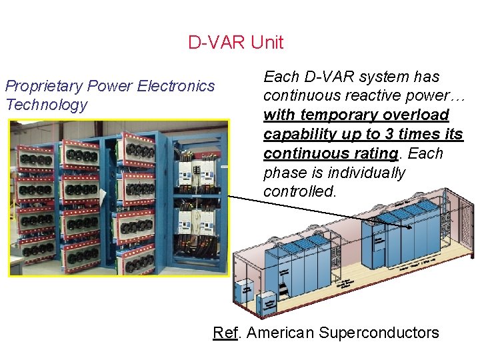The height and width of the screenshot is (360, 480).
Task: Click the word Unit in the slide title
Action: click(x=267, y=43)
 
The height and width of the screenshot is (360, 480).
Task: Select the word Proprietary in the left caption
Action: click(x=44, y=86)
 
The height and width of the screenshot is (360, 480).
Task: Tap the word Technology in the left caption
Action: click(x=46, y=105)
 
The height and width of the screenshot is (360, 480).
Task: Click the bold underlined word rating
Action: click(x=375, y=153)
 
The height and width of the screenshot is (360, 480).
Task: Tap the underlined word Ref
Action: click(x=224, y=332)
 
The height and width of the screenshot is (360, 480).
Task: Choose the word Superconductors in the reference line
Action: click(x=380, y=332)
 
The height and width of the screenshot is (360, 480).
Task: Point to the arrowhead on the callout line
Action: click(x=409, y=226)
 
